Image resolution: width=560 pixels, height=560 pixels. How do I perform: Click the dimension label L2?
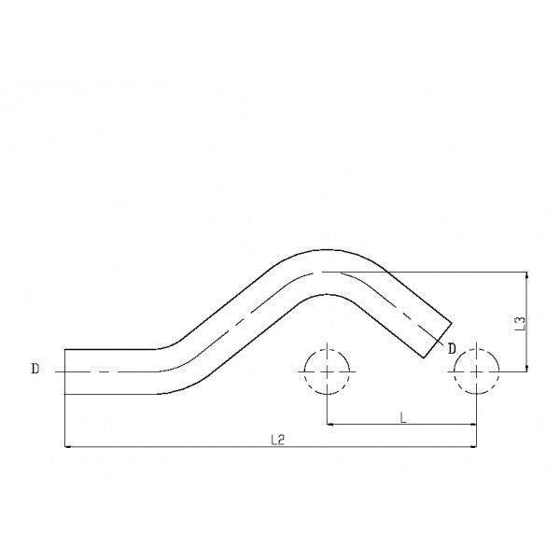(x=277, y=440)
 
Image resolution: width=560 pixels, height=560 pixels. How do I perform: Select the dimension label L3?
(x=521, y=323)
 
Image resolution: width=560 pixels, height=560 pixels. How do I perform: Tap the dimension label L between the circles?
(x=403, y=417)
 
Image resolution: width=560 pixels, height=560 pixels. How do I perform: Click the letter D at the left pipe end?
(x=35, y=369)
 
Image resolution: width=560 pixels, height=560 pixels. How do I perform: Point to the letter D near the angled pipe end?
(x=452, y=348)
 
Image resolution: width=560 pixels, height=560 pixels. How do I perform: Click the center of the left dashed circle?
(x=328, y=371)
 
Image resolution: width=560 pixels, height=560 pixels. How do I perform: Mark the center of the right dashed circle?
(x=476, y=371)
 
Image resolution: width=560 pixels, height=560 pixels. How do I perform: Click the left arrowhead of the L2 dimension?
(x=68, y=446)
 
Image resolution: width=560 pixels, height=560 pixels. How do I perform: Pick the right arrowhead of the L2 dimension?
(x=473, y=446)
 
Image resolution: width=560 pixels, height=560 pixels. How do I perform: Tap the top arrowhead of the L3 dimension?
(x=526, y=275)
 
